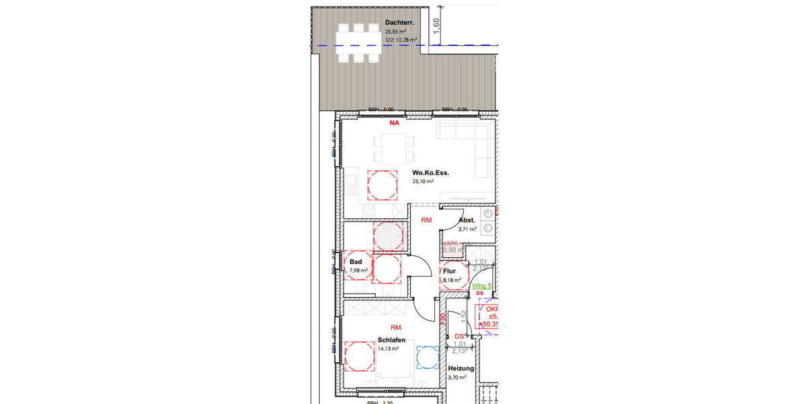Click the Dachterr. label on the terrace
click(x=399, y=22)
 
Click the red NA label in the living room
click(x=394, y=124)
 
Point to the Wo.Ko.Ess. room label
click(x=430, y=172)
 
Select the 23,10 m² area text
click(x=423, y=181)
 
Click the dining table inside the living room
click(x=393, y=149)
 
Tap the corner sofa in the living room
click(x=471, y=145)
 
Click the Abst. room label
click(x=467, y=220)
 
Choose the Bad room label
click(x=356, y=262)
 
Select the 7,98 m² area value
click(x=358, y=271)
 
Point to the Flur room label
click(x=449, y=271)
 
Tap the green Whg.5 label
click(x=481, y=286)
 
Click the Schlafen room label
click(x=391, y=340)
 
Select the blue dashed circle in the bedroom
click(x=428, y=357)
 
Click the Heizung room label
click(x=461, y=368)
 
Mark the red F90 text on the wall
click(x=442, y=319)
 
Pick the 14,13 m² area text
click(x=389, y=349)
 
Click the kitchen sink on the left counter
click(x=351, y=181)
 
